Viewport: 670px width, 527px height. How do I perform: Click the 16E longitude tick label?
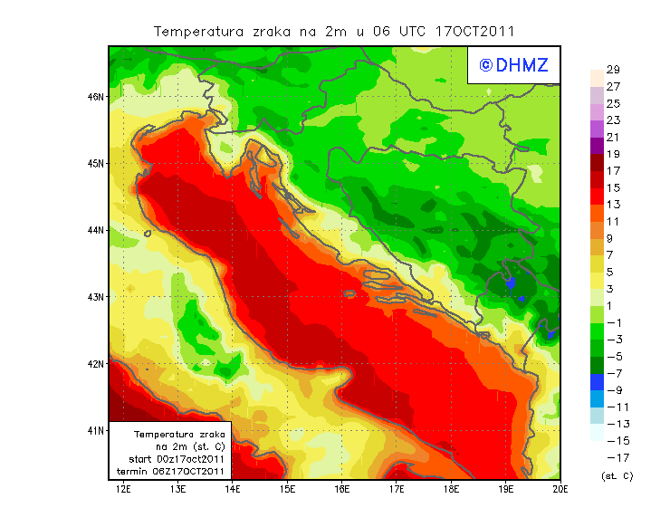tap(342, 490)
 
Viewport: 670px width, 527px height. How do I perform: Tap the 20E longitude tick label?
tap(560, 490)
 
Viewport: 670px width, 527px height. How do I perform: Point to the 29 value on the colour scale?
tap(612, 70)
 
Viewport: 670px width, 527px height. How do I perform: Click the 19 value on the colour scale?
tap(612, 154)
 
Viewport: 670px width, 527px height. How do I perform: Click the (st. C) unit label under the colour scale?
tap(617, 475)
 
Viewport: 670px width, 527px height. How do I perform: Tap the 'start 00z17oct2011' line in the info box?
tap(171, 459)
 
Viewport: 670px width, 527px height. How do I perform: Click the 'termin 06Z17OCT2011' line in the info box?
tap(171, 471)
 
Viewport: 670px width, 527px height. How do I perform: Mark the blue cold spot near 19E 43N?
tap(511, 283)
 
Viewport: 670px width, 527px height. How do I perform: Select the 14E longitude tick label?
tap(233, 490)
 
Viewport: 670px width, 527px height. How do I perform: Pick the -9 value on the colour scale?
tap(614, 390)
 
